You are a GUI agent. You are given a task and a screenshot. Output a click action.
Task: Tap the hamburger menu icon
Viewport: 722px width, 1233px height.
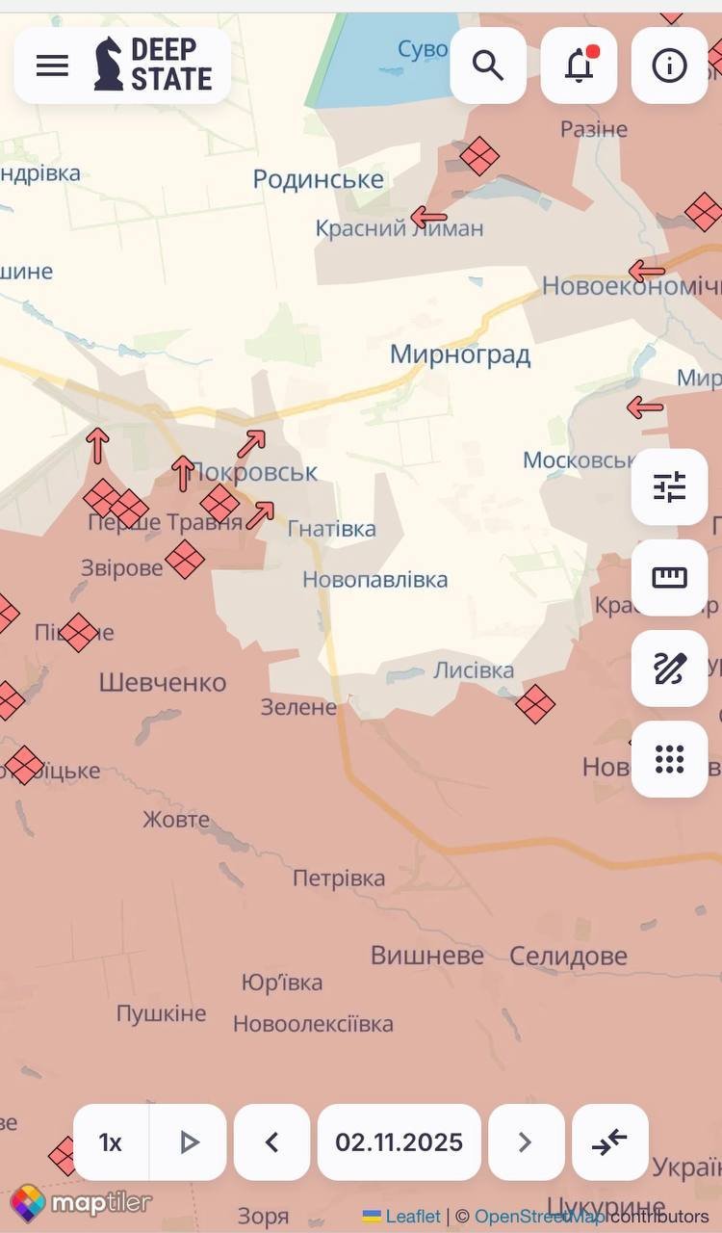click(52, 66)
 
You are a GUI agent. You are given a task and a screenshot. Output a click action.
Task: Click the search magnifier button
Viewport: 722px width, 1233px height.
click(488, 66)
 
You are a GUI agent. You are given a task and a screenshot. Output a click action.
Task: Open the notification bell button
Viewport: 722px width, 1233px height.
click(579, 66)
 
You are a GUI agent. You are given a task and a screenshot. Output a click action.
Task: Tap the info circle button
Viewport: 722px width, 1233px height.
click(669, 66)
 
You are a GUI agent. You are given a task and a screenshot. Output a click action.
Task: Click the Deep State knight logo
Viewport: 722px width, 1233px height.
click(109, 65)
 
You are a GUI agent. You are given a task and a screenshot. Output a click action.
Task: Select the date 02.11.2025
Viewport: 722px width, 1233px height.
click(399, 1142)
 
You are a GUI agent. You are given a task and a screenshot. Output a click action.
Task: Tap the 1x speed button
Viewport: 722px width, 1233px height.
click(111, 1142)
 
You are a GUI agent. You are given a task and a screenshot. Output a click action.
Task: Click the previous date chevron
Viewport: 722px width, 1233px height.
click(271, 1142)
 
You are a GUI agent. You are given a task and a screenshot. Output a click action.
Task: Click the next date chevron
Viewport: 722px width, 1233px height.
click(526, 1142)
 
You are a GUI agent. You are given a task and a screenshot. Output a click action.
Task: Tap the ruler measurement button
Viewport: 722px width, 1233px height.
click(669, 578)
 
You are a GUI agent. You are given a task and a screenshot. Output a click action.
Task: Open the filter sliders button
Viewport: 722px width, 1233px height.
click(669, 487)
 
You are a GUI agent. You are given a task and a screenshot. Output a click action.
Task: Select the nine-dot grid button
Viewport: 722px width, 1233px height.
click(669, 759)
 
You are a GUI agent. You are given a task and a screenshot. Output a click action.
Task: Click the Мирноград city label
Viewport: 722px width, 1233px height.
click(460, 354)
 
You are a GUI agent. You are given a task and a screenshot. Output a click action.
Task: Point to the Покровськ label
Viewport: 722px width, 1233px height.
click(254, 473)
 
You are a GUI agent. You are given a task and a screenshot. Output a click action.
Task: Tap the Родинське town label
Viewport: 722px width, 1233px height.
click(318, 178)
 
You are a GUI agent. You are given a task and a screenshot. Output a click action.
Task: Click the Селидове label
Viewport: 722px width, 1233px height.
click(568, 956)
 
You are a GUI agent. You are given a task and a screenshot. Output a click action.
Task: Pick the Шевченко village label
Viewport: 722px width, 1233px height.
click(163, 683)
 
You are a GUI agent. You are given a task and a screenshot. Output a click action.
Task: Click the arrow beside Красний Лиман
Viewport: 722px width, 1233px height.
click(428, 218)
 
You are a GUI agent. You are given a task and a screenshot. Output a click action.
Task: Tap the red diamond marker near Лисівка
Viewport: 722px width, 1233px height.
click(535, 703)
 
